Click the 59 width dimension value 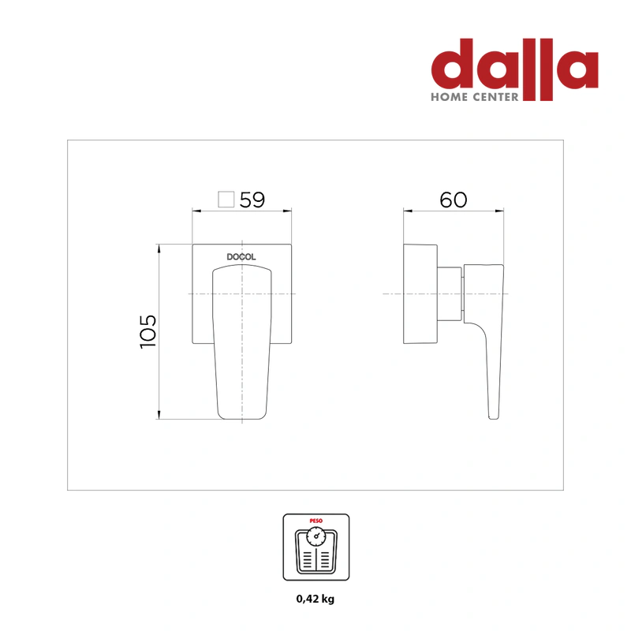(252, 200)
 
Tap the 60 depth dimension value (454, 200)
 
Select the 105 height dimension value (147, 331)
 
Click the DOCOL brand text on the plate (241, 257)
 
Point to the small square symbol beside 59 (226, 200)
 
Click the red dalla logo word (515, 65)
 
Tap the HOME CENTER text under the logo (475, 97)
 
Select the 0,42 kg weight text (315, 599)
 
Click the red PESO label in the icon (316, 521)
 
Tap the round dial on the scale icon (316, 536)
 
